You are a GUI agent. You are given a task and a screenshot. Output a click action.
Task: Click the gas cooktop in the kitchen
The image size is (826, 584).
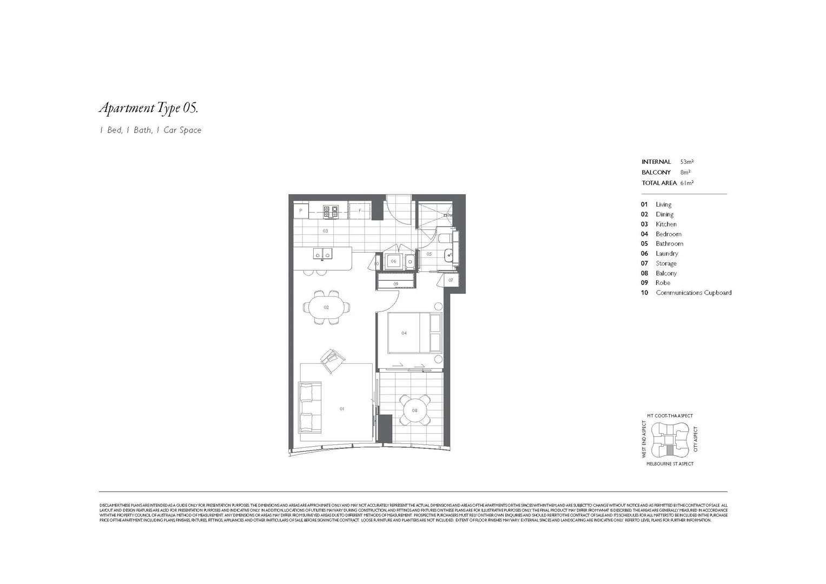[x=331, y=211]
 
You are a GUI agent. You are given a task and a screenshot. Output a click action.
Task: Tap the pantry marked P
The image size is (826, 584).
[x=301, y=210]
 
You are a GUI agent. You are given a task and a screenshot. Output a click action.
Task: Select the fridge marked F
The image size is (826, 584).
[x=359, y=210]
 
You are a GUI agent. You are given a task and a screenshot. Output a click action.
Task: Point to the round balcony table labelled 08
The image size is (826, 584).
[x=415, y=410]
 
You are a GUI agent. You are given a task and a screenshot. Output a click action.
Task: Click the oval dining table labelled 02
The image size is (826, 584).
[x=326, y=307]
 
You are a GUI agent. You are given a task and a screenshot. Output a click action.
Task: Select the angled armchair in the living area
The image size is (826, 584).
[x=331, y=360]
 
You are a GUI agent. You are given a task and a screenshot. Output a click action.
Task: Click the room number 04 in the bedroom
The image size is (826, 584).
[x=404, y=333]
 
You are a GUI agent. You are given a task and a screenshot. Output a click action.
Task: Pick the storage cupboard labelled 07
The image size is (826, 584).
[x=451, y=280]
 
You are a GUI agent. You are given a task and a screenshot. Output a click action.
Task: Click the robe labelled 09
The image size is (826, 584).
[x=396, y=283]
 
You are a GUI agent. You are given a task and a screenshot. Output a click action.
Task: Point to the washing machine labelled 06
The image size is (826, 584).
[x=394, y=261]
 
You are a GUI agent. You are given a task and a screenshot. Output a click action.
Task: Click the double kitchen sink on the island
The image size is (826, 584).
[x=323, y=254]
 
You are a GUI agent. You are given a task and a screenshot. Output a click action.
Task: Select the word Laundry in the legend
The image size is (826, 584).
[x=666, y=254]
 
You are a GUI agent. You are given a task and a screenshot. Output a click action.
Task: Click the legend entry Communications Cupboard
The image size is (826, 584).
[x=693, y=293]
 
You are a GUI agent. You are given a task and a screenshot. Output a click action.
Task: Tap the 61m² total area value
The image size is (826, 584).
[x=686, y=183]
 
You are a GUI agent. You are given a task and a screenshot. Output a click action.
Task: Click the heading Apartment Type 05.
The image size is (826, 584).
[x=148, y=108]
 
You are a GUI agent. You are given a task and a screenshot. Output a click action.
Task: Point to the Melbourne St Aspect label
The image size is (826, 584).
[x=670, y=464]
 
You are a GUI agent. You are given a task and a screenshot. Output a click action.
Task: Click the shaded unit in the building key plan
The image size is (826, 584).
[x=670, y=450]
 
